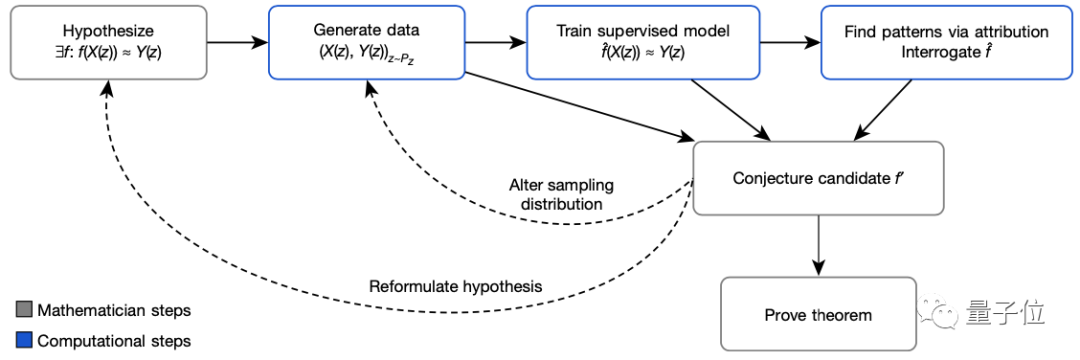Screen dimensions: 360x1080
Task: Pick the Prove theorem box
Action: tap(818, 315)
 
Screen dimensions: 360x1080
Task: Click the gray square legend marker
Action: tap(24, 311)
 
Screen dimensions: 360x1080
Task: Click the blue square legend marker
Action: tap(24, 341)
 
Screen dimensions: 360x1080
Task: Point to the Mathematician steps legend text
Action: tap(113, 311)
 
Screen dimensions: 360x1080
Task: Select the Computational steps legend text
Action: tap(114, 341)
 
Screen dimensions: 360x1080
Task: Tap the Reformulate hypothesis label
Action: tap(455, 286)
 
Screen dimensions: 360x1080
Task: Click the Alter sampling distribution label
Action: tap(561, 195)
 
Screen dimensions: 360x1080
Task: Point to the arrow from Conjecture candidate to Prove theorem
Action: tap(819, 244)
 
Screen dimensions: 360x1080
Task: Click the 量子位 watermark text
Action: tap(1005, 315)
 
